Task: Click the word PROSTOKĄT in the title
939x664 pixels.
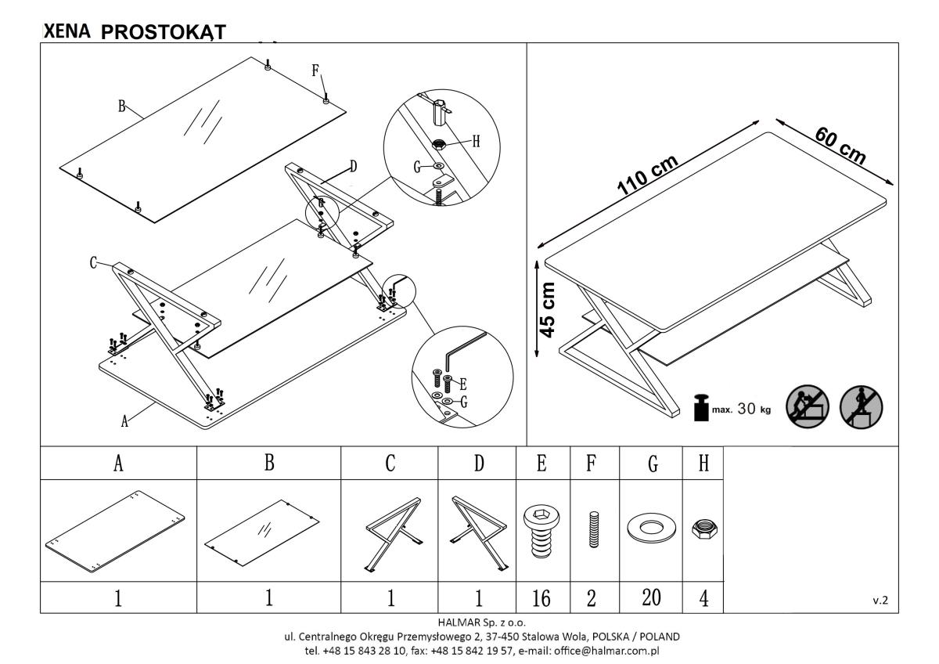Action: [x=164, y=32]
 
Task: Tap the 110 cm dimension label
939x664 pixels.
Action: [x=648, y=175]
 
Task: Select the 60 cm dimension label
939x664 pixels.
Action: [x=840, y=146]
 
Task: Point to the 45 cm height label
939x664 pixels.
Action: [x=548, y=310]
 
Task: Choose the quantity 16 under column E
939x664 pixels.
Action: [x=541, y=598]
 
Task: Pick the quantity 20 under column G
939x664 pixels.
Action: [x=651, y=597]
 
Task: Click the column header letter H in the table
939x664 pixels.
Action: [x=703, y=464]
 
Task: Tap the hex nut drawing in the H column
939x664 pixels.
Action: [x=704, y=529]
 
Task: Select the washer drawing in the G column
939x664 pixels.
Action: [x=651, y=528]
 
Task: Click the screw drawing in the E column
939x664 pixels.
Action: [x=541, y=532]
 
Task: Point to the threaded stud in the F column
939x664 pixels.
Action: [x=594, y=530]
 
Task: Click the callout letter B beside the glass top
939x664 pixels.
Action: [x=121, y=106]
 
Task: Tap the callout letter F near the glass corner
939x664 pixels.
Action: [x=315, y=70]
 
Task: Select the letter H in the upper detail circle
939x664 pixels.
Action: [x=476, y=142]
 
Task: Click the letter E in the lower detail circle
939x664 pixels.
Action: [x=462, y=384]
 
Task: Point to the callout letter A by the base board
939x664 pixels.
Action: [x=124, y=421]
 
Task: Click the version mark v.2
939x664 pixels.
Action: [x=880, y=601]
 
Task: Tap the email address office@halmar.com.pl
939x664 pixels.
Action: [x=606, y=651]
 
